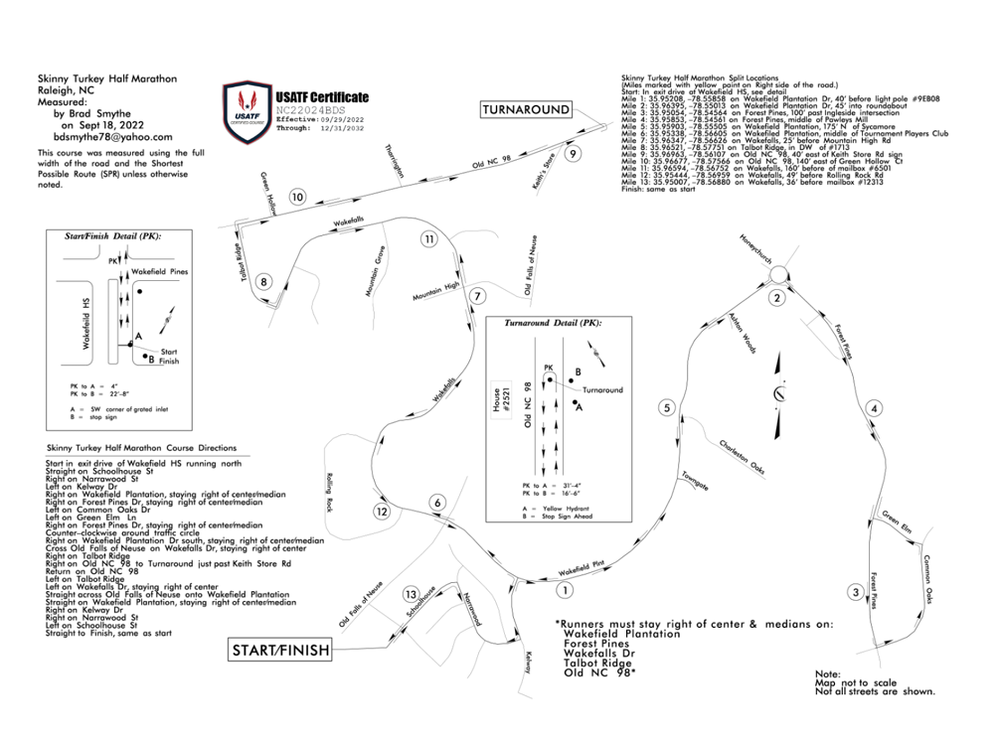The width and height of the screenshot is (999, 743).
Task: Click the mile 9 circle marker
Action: pos(572,154)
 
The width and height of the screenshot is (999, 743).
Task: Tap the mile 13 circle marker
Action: pos(411,594)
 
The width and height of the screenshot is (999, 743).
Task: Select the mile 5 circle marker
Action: pos(668,407)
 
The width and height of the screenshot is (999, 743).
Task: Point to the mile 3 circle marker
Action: pos(855,593)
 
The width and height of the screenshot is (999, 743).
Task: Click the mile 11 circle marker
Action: pos(428,238)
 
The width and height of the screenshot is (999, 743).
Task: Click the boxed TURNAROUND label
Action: pos(527,109)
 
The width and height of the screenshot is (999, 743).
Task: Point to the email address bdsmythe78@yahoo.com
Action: pos(113,138)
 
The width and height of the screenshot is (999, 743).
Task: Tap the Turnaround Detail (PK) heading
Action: pos(553,324)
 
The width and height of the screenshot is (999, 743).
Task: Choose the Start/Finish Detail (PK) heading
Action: pos(112,237)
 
